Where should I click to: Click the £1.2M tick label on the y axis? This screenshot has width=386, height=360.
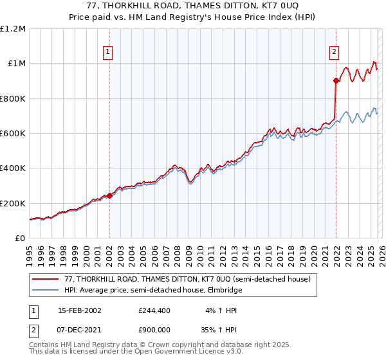click(x=13, y=29)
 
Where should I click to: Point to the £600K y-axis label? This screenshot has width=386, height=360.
click(x=13, y=134)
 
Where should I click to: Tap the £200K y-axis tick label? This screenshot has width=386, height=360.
click(x=13, y=203)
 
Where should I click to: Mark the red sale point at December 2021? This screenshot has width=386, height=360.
click(x=336, y=81)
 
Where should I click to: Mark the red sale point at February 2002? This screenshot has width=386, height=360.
click(x=109, y=195)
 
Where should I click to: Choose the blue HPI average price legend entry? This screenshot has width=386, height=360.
click(x=153, y=290)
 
